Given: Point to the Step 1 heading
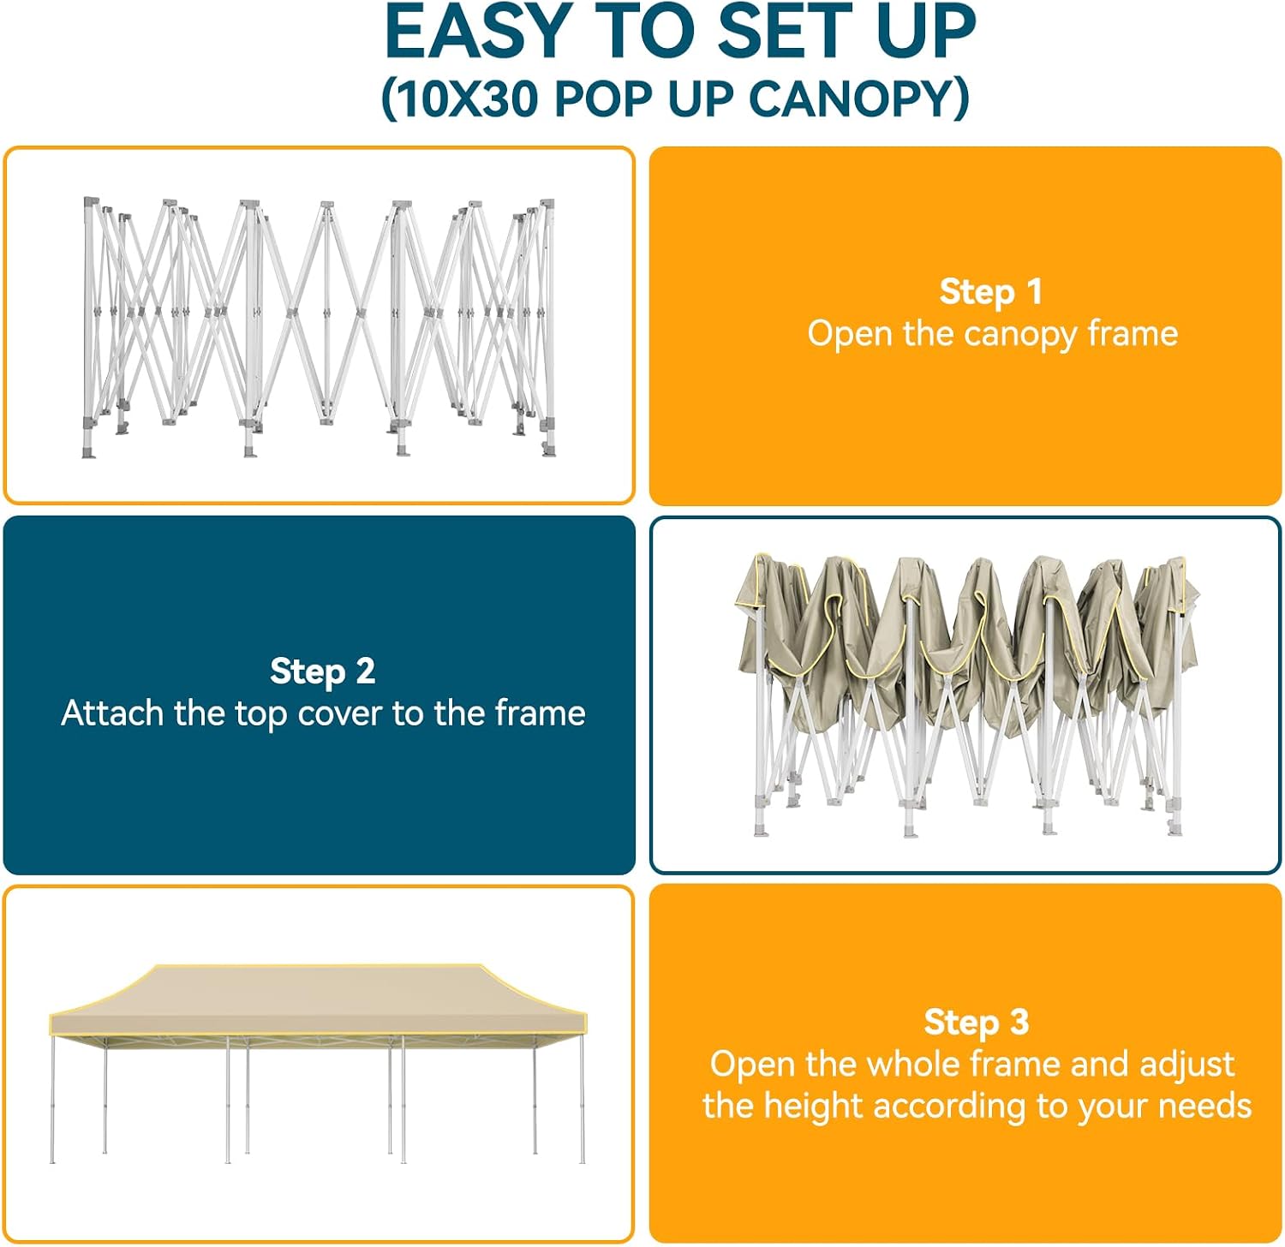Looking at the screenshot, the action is point(991,292).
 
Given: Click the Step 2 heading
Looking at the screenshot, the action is point(322,671).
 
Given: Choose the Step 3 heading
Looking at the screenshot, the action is point(976,1022).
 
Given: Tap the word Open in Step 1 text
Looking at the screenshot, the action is point(850,334).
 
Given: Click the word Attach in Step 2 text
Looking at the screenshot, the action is point(112,713).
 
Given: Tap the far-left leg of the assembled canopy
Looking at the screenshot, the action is point(53,1100).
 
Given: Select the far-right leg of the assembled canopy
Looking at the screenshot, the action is point(583,1100).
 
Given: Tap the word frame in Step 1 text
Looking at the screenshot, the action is point(1133,333).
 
